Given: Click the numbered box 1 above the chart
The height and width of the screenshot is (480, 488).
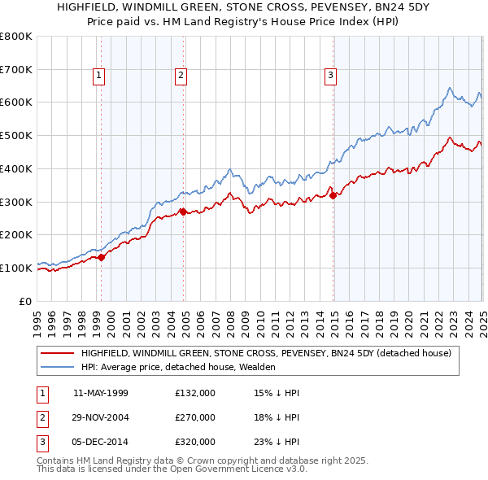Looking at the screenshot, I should point(99,76).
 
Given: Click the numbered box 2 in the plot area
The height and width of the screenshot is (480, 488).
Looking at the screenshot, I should point(181,76).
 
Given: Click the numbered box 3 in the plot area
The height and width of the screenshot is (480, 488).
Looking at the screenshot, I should point(331,76).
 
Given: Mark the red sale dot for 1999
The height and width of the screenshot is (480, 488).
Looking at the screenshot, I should point(102,257).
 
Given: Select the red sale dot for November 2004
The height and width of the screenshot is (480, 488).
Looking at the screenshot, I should point(184,212).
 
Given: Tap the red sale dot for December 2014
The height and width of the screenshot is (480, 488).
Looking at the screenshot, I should point(333,195).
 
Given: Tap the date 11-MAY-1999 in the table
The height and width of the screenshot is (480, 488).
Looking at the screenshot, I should point(101,393).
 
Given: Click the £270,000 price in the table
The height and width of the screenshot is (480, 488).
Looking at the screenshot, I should point(195,417).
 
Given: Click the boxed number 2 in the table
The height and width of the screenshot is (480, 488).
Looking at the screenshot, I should point(41,417).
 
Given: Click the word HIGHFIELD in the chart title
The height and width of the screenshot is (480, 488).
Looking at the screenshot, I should point(89,7).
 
